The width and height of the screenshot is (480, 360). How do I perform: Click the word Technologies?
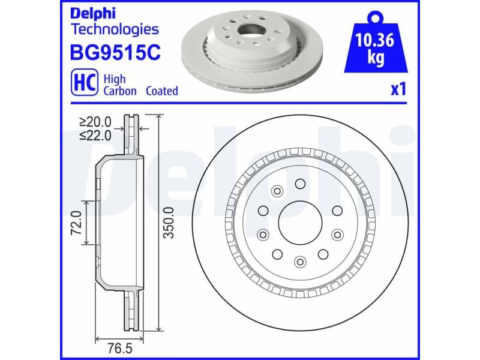(x=115, y=29)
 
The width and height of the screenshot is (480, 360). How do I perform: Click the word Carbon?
(x=120, y=91)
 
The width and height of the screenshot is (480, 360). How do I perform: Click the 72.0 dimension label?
(x=76, y=223)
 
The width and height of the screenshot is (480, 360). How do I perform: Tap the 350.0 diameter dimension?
(x=170, y=223)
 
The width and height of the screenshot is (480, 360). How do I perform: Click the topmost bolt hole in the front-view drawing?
(x=300, y=184)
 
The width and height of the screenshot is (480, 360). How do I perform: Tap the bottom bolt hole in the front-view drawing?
(x=299, y=261)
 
